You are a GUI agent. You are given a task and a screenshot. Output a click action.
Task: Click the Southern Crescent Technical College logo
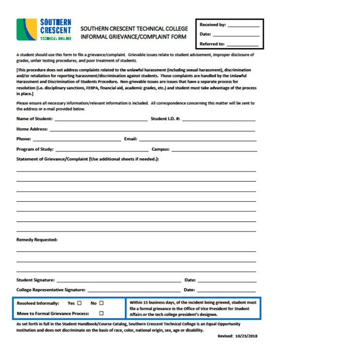[x=44, y=30]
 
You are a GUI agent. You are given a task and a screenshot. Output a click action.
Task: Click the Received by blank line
[x=243, y=26]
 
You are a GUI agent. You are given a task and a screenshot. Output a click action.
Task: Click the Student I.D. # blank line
[x=219, y=120]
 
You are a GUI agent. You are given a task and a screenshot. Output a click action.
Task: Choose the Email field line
[x=197, y=140]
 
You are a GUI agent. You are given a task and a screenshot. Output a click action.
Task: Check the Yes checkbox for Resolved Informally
[x=79, y=303]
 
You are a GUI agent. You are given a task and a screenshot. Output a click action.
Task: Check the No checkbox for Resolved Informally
[x=101, y=303]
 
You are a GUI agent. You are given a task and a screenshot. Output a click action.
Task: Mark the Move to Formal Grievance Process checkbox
[x=101, y=314]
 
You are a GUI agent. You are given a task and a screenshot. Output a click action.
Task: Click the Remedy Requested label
[x=37, y=240]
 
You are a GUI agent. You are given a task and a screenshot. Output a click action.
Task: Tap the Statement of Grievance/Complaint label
[x=88, y=159]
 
